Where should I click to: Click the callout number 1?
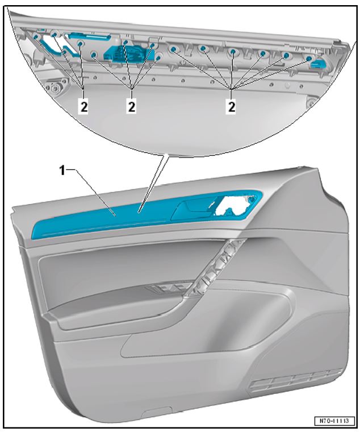pos(63,171)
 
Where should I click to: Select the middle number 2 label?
pos(132,106)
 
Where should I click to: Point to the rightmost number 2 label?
pos(232,106)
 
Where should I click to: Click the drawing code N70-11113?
pos(334,421)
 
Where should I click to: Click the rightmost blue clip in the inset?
pos(309,58)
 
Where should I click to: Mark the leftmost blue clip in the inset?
pos(36,36)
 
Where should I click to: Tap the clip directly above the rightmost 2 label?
pos(233,52)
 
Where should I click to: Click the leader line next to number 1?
pos(95,193)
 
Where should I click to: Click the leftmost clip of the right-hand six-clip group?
pos(173,49)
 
